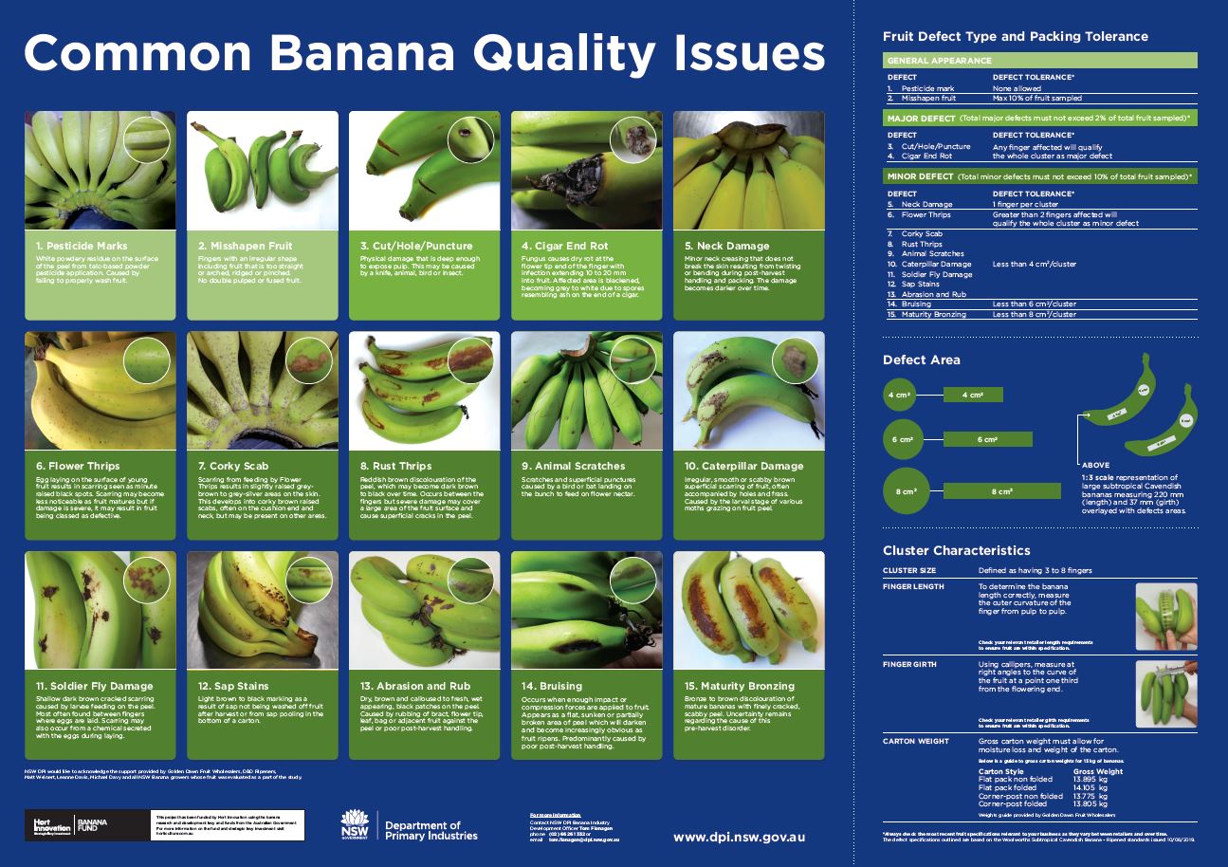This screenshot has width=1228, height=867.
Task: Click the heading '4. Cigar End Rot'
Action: pos(564,246)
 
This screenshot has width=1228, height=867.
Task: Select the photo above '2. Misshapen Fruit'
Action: pos(263,170)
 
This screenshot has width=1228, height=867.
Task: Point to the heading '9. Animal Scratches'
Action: pos(574,466)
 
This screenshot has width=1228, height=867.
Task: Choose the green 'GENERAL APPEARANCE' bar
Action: pos(1039,60)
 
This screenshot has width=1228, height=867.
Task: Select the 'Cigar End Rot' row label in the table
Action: pos(924,156)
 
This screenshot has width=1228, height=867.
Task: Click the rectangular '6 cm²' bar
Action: pos(987,440)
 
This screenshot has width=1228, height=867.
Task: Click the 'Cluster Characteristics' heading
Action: pos(956,550)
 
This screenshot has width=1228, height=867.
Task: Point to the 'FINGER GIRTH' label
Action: pos(909,664)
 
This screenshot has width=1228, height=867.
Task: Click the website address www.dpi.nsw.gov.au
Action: pos(739,837)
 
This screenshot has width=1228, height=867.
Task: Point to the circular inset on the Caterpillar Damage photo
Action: pos(795,360)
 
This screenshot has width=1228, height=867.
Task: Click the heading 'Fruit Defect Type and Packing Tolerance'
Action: pos(1015,37)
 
